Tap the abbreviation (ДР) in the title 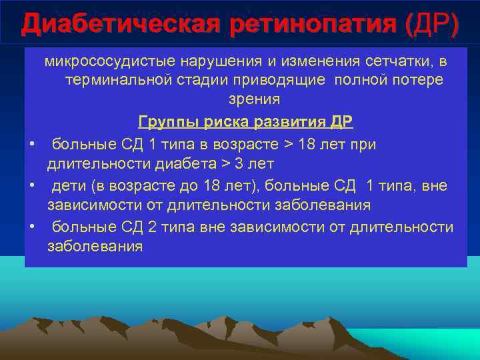click(433, 25)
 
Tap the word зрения click(246, 99)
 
